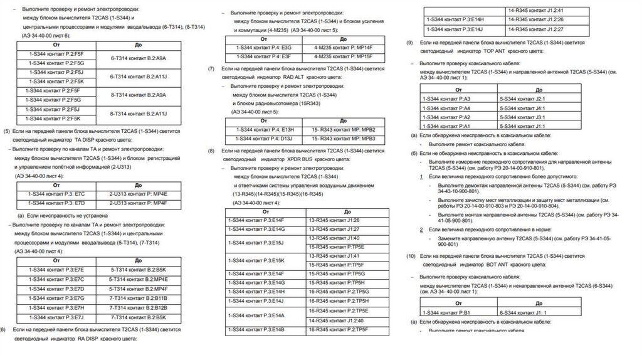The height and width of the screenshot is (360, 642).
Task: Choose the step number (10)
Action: coord(411,257)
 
